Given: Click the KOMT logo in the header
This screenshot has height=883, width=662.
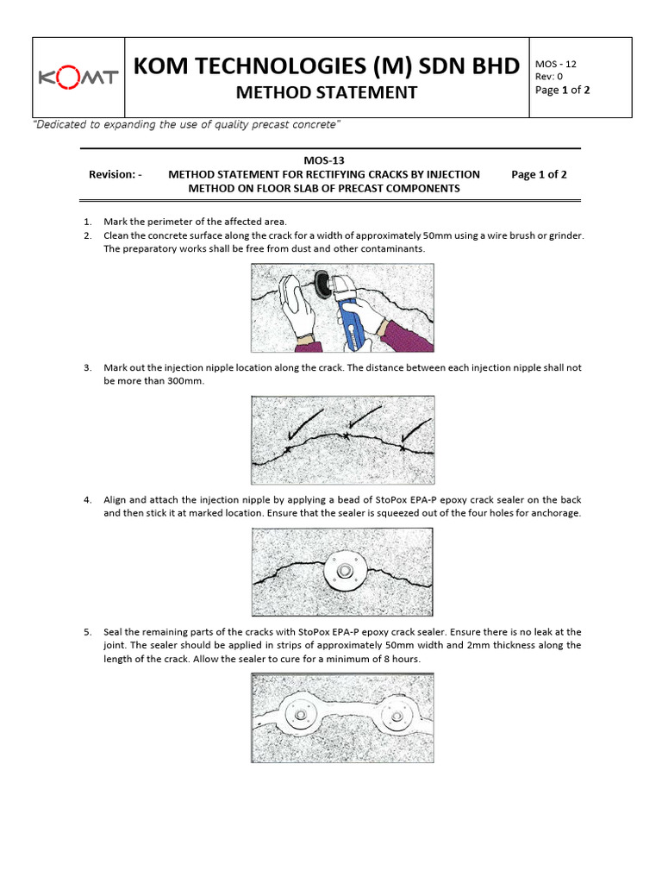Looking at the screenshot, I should click(78, 78).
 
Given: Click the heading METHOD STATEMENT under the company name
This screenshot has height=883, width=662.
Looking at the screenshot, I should click(327, 92).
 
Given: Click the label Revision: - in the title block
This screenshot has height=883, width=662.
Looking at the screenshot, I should click(115, 174).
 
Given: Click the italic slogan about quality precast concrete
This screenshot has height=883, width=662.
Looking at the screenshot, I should click(187, 125).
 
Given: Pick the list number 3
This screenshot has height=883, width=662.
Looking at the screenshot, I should click(87, 367).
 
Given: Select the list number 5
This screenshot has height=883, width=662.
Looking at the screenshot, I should click(87, 632).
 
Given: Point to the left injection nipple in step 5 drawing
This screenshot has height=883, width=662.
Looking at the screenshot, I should click(302, 717).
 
